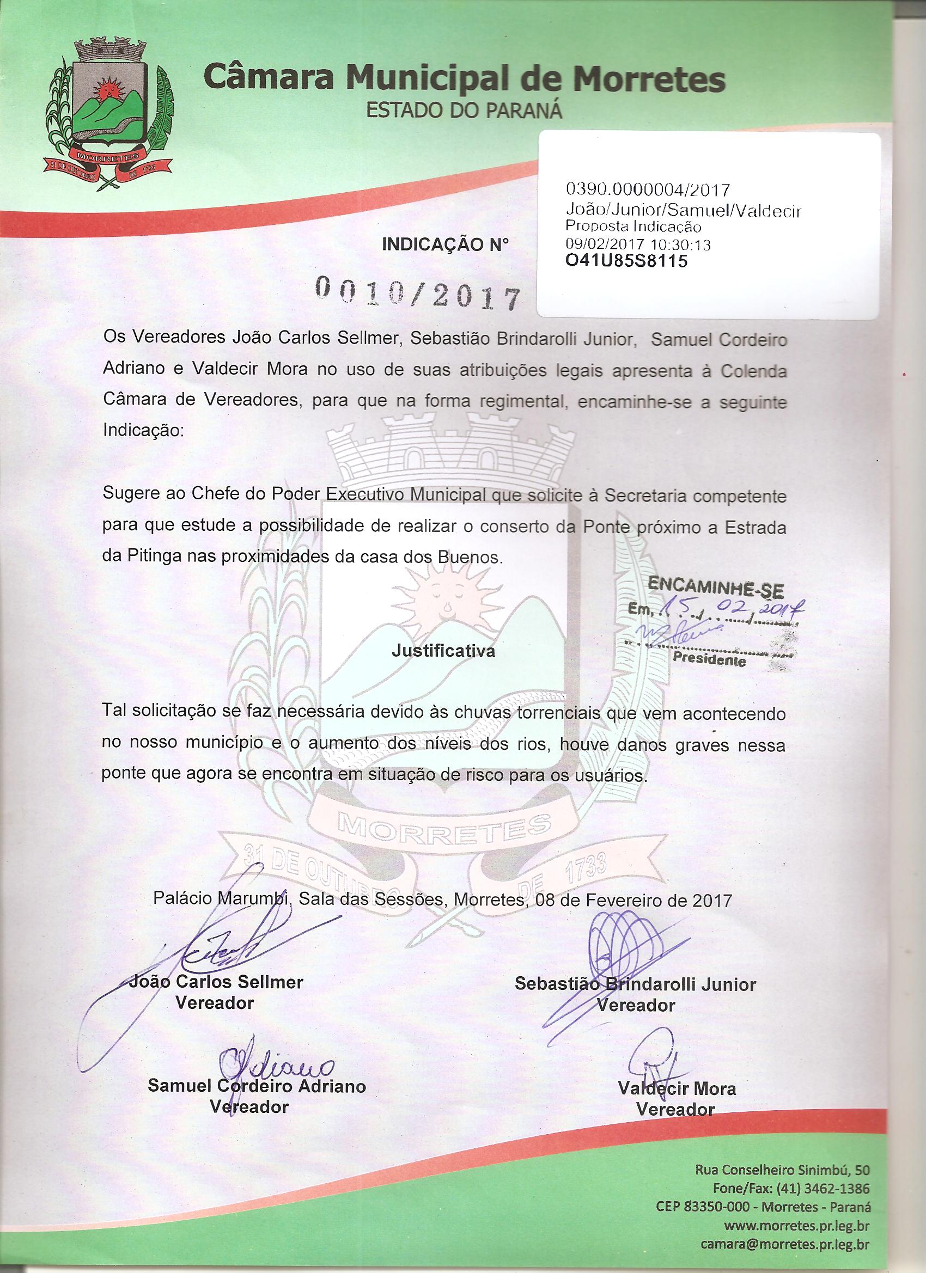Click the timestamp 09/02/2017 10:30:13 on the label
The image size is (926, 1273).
tap(638, 244)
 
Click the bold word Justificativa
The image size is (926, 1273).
tap(443, 652)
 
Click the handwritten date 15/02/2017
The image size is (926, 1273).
tap(730, 608)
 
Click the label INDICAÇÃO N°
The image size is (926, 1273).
tap(446, 243)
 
